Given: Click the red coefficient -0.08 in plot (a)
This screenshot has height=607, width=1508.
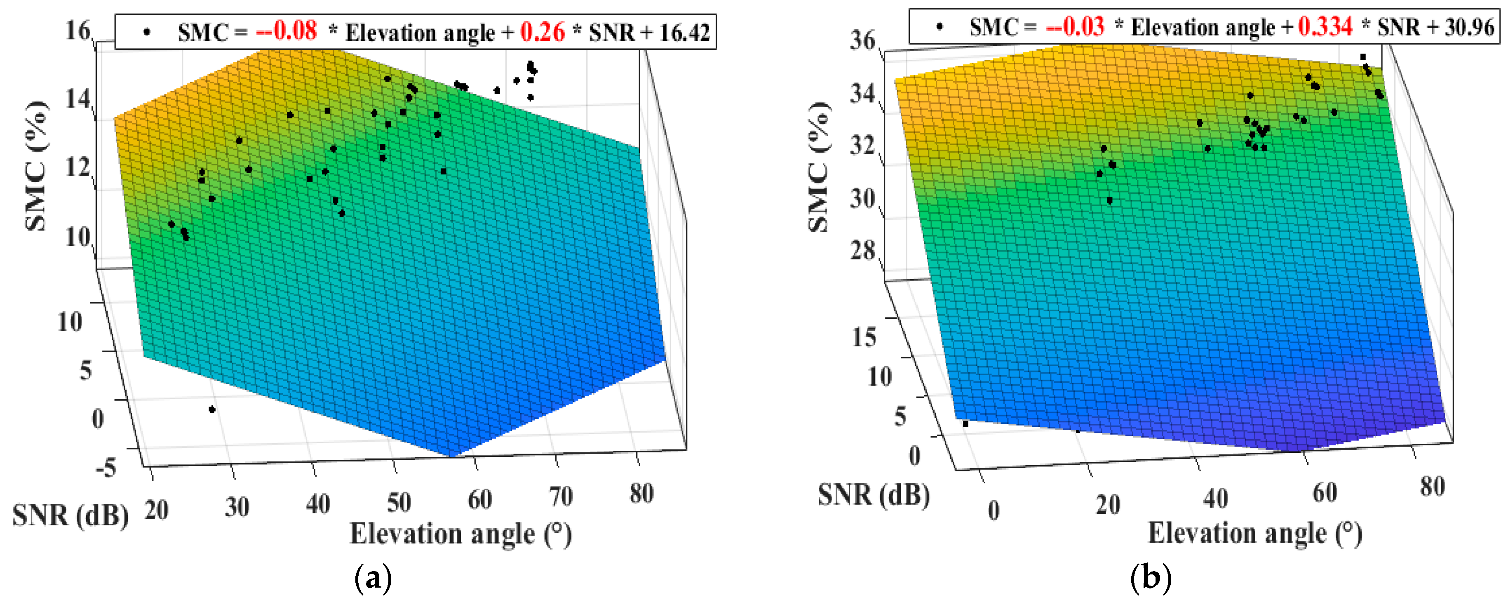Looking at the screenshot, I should pos(286,31).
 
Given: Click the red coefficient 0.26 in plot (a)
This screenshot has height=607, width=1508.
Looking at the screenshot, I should pos(542,32).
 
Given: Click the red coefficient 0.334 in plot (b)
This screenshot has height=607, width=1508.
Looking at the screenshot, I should pos(1325,26).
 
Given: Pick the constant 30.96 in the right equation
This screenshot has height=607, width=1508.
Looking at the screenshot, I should pos(1469,27).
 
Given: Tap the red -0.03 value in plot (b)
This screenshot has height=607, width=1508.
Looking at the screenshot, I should pos(1076,26).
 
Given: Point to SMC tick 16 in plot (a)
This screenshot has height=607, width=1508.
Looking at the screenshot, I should pos(78,31).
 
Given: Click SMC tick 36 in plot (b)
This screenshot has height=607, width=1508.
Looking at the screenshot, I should pos(862,40).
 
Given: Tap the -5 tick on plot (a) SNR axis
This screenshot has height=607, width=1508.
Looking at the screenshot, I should pos(106,467).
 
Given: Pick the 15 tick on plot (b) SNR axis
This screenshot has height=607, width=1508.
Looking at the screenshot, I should pos(864,337).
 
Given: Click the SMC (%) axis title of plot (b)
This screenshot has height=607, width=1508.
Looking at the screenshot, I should pos(819,167).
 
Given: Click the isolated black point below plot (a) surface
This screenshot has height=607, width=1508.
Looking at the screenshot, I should pos(212,409).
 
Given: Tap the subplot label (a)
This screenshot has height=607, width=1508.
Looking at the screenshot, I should pos(373,578).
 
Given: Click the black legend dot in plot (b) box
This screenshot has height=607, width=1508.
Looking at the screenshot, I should pos(939,26).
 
